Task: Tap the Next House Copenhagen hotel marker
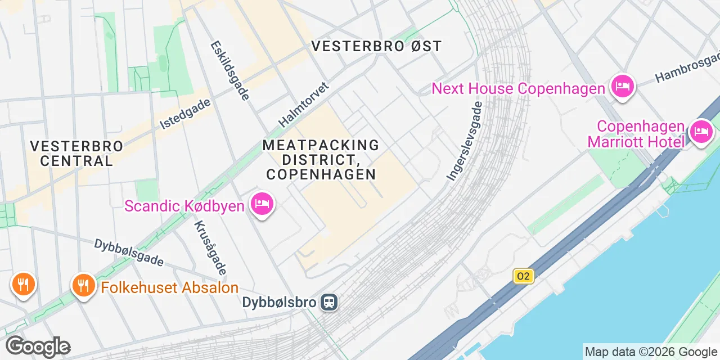pos(623,87)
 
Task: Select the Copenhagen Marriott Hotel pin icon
pos(701,132)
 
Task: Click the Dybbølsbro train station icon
pos(328,303)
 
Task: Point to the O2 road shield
pos(523,276)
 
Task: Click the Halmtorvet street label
pos(304,105)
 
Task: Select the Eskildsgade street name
pos(229,70)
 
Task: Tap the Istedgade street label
pos(185,114)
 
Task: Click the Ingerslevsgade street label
pos(465,141)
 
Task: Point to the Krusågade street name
pos(210,247)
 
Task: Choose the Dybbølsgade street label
pos(129,253)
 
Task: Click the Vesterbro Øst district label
pos(377,46)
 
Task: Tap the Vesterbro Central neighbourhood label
pos(76,153)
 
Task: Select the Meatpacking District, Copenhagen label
pos(321,160)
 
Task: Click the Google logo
pos(38,346)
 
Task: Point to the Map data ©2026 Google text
pos(651,352)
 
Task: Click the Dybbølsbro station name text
pos(280,302)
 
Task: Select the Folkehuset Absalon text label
pos(170,287)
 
